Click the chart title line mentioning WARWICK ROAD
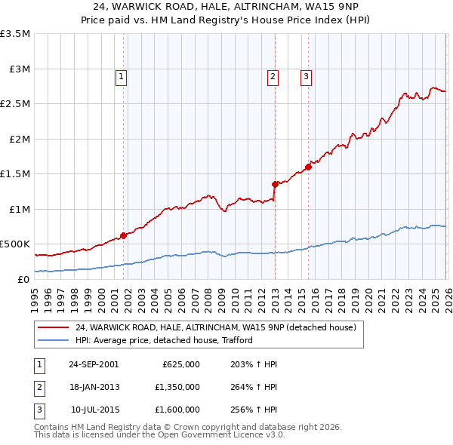226,7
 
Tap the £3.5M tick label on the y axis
15,34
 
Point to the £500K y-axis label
15,244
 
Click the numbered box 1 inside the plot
122,75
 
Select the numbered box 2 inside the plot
273,75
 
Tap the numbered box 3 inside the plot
306,75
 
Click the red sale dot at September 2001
123,235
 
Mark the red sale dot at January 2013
275,183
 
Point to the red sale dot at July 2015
308,167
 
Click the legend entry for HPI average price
163,340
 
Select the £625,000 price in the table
181,364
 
